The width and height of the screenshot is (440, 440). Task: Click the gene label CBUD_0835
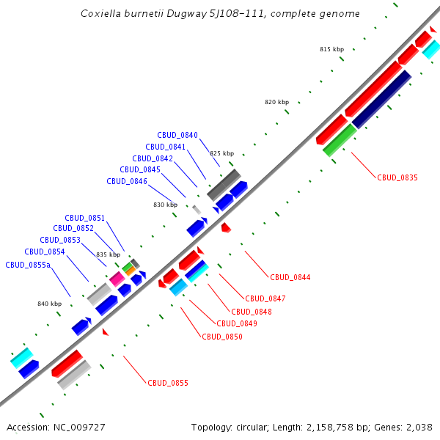click(397, 177)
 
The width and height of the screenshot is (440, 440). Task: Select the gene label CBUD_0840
click(177, 135)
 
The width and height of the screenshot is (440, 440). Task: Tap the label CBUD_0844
click(290, 277)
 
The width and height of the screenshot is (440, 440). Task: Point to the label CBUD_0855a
click(28, 265)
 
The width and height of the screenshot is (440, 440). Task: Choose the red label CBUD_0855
click(168, 383)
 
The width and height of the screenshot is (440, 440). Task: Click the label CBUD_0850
click(222, 337)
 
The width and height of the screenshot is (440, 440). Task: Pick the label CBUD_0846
click(127, 181)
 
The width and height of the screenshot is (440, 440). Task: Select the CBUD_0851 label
click(85, 218)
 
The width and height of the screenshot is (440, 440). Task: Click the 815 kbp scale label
click(331, 49)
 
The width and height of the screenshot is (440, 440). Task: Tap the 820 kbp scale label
click(276, 102)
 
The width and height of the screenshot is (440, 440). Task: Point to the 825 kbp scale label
click(221, 153)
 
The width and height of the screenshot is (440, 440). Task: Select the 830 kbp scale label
click(165, 205)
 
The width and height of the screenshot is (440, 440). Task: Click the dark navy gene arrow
click(381, 99)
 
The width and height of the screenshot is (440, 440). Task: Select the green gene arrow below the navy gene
click(340, 139)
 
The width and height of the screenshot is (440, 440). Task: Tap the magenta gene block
click(117, 278)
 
